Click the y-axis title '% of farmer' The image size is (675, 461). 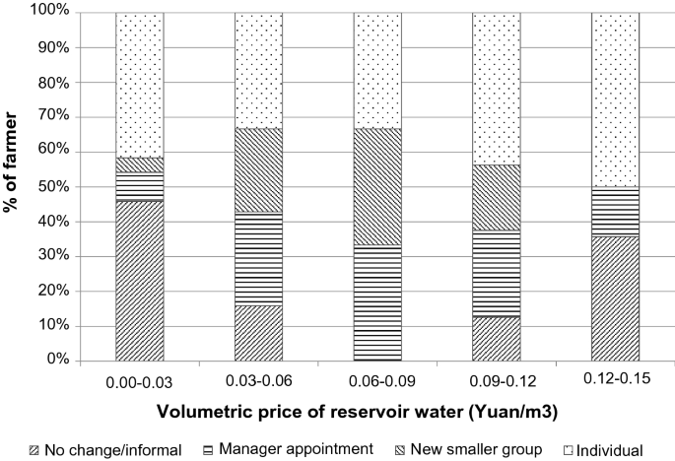(14, 187)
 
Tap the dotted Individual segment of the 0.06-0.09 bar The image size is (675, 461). (377, 70)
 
